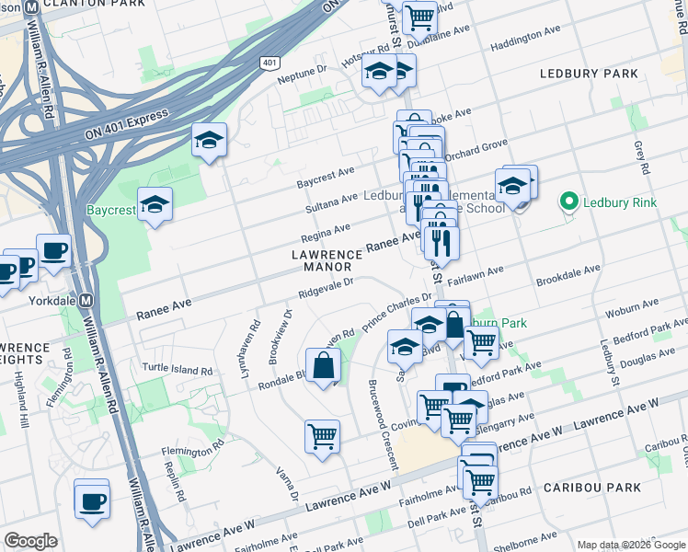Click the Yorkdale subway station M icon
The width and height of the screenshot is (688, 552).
pyautogui.click(x=86, y=300)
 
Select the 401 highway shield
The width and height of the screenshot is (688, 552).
pyautogui.click(x=269, y=63)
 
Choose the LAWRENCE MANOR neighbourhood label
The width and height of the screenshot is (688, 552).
pyautogui.click(x=327, y=260)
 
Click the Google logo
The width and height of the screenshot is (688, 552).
pyautogui.click(x=30, y=541)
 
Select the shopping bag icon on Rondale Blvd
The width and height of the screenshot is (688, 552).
pyautogui.click(x=323, y=365)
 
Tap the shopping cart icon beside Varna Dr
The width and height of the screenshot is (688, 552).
pyautogui.click(x=322, y=436)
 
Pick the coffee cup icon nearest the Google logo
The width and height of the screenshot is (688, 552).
pyautogui.click(x=92, y=501)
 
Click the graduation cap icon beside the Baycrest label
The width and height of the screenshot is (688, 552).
pyautogui.click(x=155, y=204)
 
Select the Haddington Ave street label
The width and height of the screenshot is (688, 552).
pyautogui.click(x=525, y=38)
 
